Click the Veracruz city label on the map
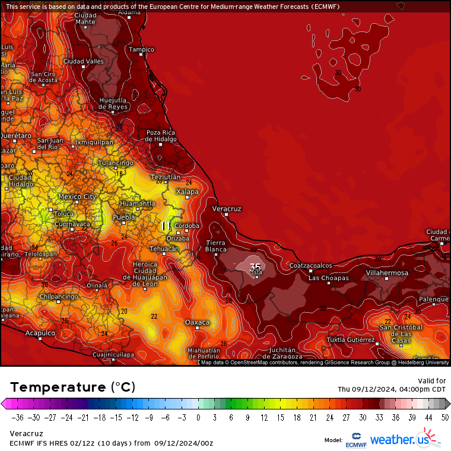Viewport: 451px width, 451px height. [x=227, y=209]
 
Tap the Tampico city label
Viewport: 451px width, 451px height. [x=142, y=49]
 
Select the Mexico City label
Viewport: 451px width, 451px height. [x=77, y=196]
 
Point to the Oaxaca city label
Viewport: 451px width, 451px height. [x=197, y=322]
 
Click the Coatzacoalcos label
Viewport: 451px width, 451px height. [x=310, y=265]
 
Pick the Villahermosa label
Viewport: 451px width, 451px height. [x=387, y=273]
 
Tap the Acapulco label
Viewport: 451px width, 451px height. [x=40, y=333]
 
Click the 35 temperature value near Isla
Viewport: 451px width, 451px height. [x=255, y=266]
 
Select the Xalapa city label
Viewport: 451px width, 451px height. [x=187, y=192]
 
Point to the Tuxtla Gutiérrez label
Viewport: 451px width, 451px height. [x=351, y=340]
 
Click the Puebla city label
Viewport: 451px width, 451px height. [x=124, y=217]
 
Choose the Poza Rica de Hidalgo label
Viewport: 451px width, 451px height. [x=161, y=136]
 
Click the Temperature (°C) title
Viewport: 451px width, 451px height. [x=72, y=387]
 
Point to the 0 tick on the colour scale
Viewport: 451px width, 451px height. [x=198, y=417]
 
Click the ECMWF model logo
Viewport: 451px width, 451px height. [x=356, y=440]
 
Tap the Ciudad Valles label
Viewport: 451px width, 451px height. [x=83, y=61]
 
